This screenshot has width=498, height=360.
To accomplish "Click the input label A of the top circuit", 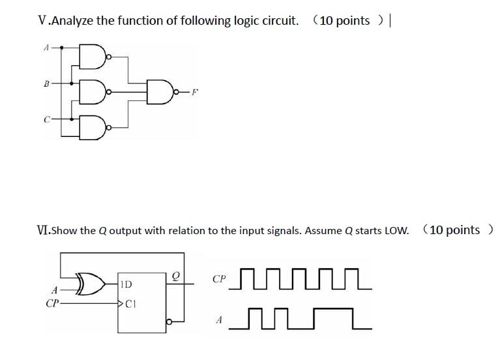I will [46, 48].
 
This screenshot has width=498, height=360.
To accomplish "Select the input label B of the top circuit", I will [46, 83].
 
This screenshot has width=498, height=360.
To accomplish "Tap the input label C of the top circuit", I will [46, 119].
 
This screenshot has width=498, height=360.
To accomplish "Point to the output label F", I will [194, 93].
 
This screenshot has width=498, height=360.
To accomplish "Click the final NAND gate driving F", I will [160, 92].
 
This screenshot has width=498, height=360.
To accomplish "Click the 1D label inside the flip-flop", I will [126, 284].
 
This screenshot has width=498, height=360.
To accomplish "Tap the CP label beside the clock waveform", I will [220, 279].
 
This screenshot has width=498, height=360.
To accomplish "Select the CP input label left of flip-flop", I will [53, 303].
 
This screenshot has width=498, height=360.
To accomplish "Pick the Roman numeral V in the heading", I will [42, 20].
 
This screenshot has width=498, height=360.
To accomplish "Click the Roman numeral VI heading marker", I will [43, 230].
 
